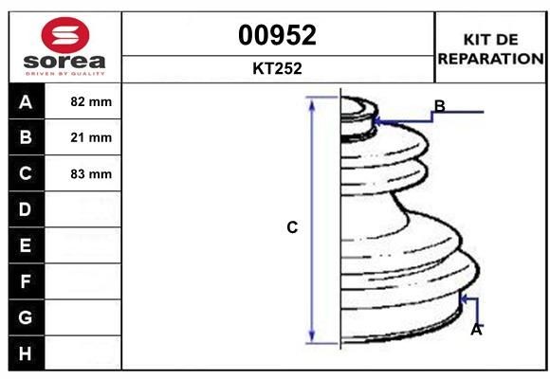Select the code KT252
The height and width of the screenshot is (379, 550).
[277, 69]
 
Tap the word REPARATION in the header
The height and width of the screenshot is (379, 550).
[490, 58]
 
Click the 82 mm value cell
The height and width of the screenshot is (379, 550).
[91, 101]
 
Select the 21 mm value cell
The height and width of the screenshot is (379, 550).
[91, 137]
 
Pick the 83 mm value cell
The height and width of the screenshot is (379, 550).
[91, 173]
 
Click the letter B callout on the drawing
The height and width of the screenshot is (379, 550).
[439, 105]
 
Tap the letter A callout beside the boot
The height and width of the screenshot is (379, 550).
[476, 330]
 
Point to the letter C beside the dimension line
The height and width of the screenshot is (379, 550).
[292, 227]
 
